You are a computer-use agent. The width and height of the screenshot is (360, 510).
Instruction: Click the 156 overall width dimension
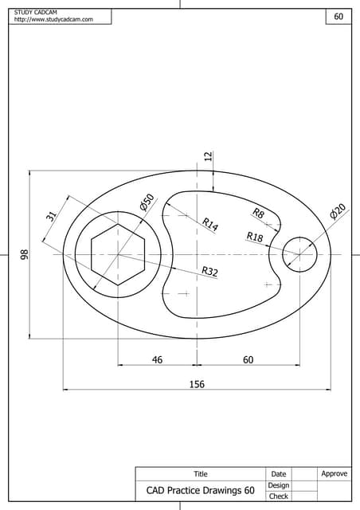(x=197, y=384)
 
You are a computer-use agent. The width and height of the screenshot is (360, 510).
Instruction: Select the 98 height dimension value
(x=25, y=254)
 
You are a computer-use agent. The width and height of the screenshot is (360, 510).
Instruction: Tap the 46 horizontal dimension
(x=157, y=360)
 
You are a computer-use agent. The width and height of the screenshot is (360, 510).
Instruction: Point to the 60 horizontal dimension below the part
(x=248, y=360)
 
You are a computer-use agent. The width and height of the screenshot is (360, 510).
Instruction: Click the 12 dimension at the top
(x=209, y=157)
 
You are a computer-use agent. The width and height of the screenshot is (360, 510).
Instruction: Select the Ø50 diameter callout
(x=147, y=202)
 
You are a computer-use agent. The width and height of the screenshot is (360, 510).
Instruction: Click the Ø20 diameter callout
(x=338, y=211)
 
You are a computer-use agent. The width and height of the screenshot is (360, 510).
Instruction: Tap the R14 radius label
(x=209, y=225)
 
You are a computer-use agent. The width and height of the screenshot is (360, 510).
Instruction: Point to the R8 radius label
(x=258, y=213)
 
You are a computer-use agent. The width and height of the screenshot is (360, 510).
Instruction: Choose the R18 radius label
(x=254, y=237)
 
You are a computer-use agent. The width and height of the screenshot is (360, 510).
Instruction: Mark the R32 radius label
(x=209, y=272)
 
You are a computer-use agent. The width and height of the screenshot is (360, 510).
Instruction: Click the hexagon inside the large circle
(x=118, y=255)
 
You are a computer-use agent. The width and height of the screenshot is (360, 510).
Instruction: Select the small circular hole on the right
(x=300, y=255)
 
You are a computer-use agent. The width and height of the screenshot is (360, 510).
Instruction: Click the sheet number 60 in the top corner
(x=338, y=17)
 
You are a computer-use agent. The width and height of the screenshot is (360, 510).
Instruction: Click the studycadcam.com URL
(x=53, y=20)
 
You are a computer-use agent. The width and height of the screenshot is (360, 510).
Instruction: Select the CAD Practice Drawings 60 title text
(x=200, y=491)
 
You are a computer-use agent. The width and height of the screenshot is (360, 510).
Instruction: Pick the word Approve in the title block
(x=334, y=474)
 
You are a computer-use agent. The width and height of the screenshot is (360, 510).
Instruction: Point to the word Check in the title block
(x=278, y=496)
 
